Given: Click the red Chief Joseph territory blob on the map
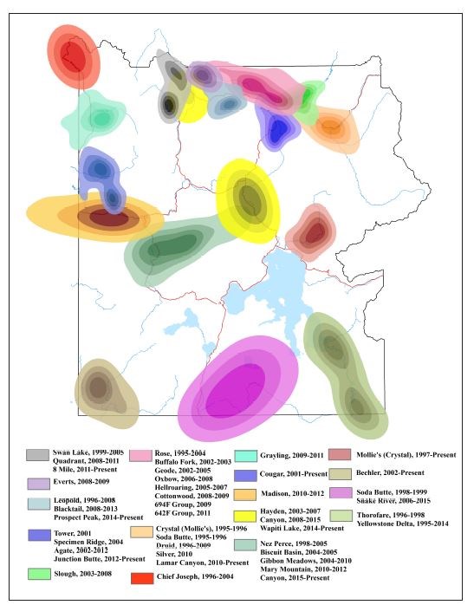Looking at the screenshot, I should (x=73, y=56).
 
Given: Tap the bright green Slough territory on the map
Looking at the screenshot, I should (x=307, y=99).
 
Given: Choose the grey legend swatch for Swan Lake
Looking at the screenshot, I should (x=37, y=455).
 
